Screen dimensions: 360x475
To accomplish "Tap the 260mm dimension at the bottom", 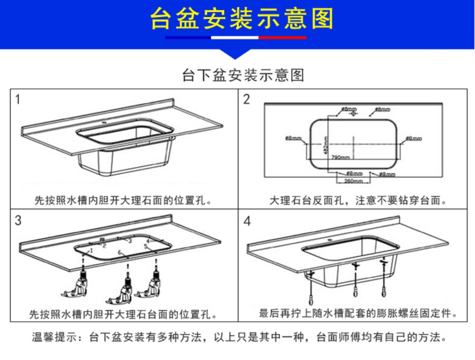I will coord(353,181).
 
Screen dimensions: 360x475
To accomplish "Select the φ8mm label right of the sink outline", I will coord(414,138).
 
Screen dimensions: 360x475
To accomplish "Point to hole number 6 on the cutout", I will coord(120,253).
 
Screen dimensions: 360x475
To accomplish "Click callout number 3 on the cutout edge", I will coord(130,241).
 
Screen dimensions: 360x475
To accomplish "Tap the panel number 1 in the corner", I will coord(17,99).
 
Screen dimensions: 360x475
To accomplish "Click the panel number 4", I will coord(247,221).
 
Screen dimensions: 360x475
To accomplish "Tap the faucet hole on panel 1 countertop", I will coord(104,123).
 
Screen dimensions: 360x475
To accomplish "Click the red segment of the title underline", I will coord(282,38).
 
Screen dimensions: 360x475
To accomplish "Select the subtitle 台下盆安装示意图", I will coord(243,75).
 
